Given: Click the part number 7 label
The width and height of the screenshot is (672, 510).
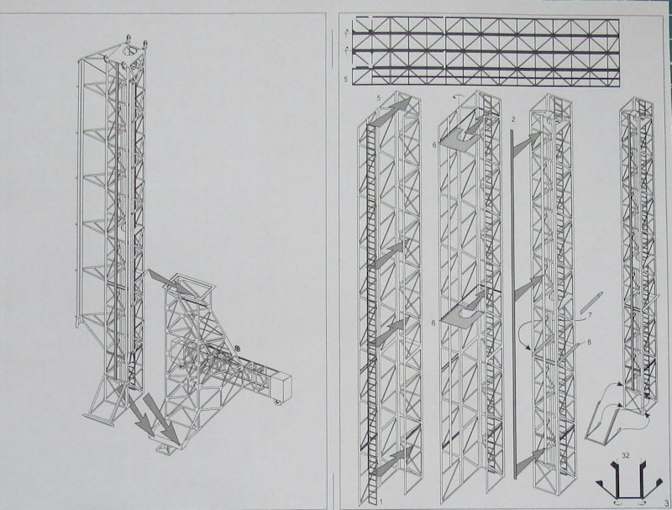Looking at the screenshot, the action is pos(590,315).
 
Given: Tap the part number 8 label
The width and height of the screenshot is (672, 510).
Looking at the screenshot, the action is pos(590,342).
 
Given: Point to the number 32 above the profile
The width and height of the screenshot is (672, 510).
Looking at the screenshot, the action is pos(625,455).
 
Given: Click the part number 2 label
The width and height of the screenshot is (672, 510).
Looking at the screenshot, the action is pos(513,118).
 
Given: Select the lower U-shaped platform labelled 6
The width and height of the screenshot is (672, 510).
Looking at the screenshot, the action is pos(460,316).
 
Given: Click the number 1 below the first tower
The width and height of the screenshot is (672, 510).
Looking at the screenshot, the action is pos(381,501).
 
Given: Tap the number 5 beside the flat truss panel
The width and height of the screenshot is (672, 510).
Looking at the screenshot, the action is pos(346,79).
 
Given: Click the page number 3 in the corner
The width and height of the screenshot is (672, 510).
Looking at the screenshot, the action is pos(666,503).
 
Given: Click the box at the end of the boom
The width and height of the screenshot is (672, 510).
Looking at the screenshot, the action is pos(281,387).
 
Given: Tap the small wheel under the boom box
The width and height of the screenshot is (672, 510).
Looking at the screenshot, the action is pos(278,402).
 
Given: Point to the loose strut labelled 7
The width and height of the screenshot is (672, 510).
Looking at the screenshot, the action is pos(591,302).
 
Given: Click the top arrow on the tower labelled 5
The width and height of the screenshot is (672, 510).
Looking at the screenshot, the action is pos(391,110).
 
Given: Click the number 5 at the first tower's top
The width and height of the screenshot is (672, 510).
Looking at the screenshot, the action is pos(379,98).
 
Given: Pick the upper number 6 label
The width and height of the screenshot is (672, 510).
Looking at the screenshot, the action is pos(434,145).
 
